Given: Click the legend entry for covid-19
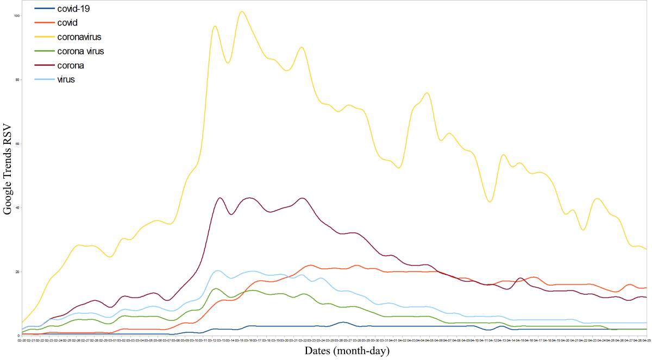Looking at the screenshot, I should pos(77,9).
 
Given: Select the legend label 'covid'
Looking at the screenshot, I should pos(67,23).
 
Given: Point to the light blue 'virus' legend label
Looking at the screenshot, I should pos(66,79).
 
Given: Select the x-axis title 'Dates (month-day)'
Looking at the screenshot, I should pos(347,351).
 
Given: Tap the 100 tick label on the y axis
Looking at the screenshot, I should pos(17,16).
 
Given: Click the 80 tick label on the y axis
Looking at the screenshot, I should pos(17,80).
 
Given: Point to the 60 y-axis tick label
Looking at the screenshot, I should pos(17,144).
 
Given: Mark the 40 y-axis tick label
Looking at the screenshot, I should pos(17,208).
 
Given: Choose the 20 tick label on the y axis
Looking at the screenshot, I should pos(17,272).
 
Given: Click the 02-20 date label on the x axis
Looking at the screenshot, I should pos(22,340).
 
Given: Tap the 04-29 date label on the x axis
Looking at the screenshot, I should pos(647,340).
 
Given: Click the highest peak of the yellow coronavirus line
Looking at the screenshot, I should pos(242,11).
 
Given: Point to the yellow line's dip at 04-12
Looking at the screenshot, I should pos(490,202).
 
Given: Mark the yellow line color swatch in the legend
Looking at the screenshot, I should pos(44,37).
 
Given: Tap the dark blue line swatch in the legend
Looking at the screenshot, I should pos(44,9).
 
